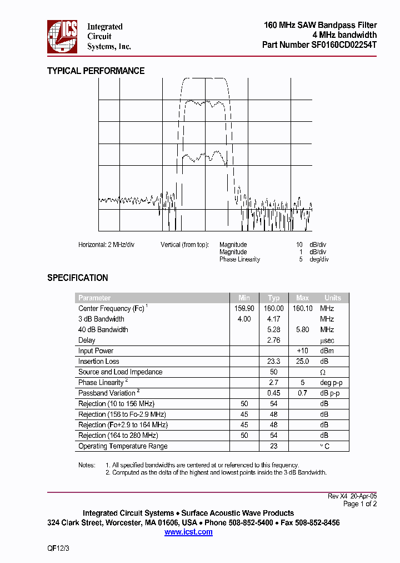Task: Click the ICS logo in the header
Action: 62,36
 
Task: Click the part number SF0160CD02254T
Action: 319,46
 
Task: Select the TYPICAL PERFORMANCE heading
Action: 96,71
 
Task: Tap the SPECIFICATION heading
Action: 77,278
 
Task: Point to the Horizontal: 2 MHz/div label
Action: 106,245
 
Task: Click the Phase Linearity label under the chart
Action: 239,259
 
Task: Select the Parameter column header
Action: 94,298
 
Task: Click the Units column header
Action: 333,298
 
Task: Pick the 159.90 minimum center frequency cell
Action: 244,308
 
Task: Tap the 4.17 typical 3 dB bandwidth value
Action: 274,319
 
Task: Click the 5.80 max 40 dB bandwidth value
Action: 302,329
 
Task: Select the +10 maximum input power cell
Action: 302,350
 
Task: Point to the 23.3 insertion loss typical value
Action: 274,361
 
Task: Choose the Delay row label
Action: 87,340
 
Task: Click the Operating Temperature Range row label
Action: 123,446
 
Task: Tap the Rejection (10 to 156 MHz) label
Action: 116,403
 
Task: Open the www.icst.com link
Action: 188,532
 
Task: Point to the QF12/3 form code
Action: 58,548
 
